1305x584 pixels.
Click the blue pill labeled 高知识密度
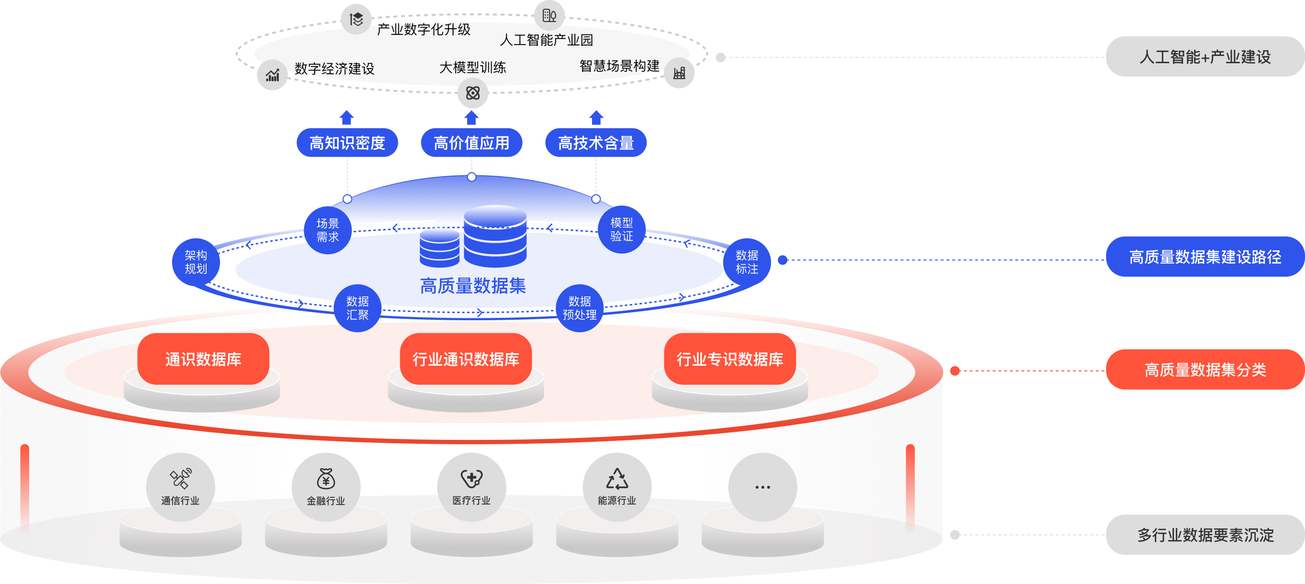(347, 143)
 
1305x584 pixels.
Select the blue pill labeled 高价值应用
(471, 143)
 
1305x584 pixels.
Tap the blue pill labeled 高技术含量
(596, 143)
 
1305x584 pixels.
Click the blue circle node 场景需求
(328, 230)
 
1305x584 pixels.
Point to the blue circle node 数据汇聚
(357, 308)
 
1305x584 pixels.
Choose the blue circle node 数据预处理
(580, 308)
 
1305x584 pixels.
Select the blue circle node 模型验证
(622, 229)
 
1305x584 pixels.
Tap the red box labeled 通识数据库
(203, 359)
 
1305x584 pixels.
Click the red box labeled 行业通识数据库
(466, 359)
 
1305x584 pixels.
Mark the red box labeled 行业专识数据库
(730, 359)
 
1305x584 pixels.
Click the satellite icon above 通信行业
(180, 478)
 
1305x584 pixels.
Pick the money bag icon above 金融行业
(326, 478)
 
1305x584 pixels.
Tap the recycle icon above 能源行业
(617, 478)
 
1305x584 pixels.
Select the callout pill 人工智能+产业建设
(1205, 57)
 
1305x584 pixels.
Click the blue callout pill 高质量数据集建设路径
(1205, 257)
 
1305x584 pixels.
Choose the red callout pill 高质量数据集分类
(1205, 370)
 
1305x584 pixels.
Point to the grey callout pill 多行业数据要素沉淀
(1205, 535)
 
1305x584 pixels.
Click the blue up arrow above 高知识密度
(347, 118)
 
